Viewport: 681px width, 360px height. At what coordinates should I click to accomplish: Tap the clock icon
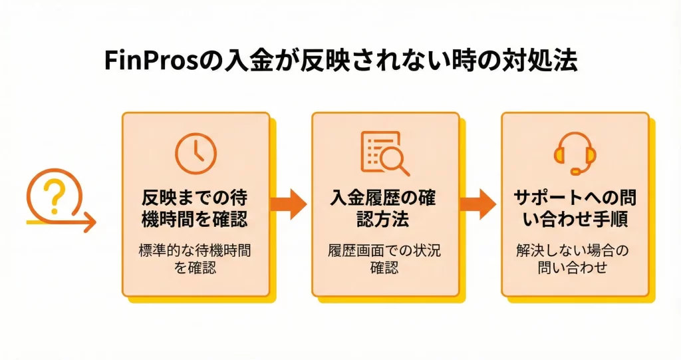click(196, 154)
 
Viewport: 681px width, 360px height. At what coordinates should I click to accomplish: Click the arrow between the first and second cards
click(290, 205)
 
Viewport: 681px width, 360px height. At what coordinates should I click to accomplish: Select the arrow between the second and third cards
click(479, 205)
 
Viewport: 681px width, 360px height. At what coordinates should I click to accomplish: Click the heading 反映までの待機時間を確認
click(196, 208)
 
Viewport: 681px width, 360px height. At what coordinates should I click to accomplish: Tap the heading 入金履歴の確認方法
click(385, 208)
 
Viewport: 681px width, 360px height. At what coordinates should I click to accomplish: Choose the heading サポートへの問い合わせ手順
click(575, 208)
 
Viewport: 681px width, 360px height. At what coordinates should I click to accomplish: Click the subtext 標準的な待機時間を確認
click(196, 259)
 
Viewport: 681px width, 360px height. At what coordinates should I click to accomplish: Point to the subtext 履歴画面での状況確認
click(385, 259)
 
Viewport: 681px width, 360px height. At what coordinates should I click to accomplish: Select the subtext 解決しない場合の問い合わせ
click(575, 259)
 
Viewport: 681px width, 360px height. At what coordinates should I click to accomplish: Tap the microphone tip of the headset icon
click(575, 172)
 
